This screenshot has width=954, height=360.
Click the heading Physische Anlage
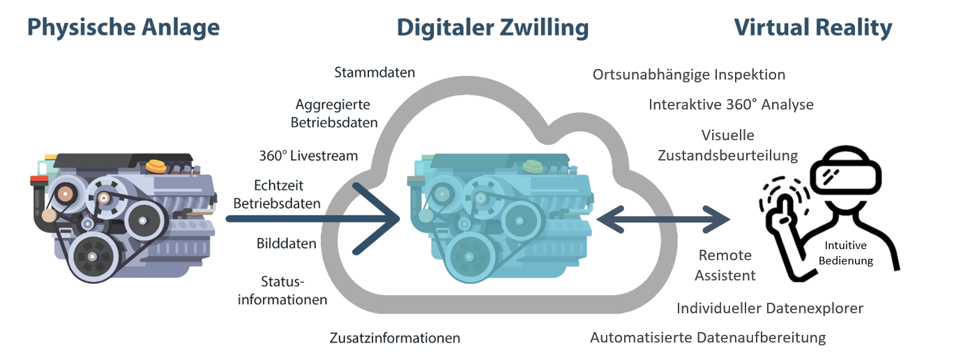[123, 27]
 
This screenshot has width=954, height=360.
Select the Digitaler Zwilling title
[492, 27]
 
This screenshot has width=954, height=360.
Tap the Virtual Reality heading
[813, 27]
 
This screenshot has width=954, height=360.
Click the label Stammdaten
[374, 73]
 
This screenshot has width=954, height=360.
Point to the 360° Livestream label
[308, 156]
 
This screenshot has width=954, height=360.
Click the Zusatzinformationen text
[395, 338]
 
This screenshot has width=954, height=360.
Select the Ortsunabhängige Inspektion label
[689, 75]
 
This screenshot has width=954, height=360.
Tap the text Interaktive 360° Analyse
[731, 105]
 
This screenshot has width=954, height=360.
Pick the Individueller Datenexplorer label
[770, 308]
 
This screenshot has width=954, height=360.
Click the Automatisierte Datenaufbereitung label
[708, 338]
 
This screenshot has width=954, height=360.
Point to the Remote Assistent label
[727, 265]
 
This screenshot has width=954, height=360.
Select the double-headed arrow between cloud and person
[663, 219]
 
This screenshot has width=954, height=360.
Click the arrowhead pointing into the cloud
[380, 218]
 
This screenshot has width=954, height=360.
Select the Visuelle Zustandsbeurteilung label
[727, 145]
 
